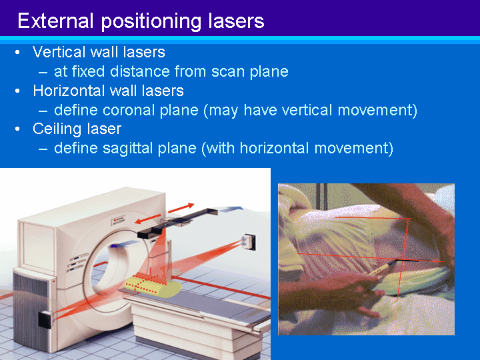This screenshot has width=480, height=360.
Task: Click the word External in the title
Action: [x=55, y=21]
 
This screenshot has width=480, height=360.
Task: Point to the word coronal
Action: [x=129, y=110]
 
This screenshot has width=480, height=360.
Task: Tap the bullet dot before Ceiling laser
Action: [x=17, y=129]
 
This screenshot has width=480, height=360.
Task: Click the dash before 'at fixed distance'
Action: [x=43, y=73]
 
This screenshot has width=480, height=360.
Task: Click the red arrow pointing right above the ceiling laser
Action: [x=181, y=208]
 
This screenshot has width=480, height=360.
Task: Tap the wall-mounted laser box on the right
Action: [x=249, y=241]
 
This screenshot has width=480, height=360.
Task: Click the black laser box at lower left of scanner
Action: [x=45, y=319]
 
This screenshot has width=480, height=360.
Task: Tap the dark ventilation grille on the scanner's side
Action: [x=30, y=310]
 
